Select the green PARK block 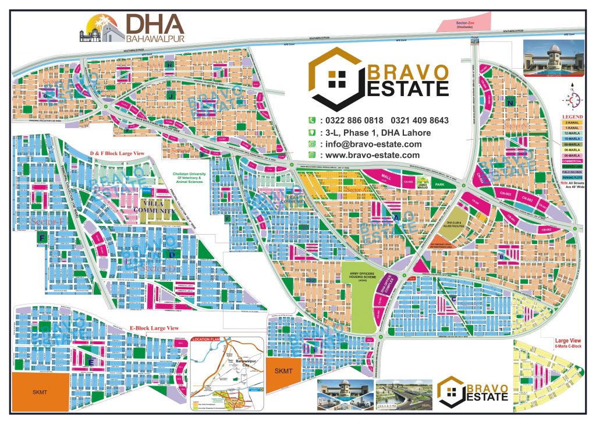point(448,185)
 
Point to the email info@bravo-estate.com point(372,144)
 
